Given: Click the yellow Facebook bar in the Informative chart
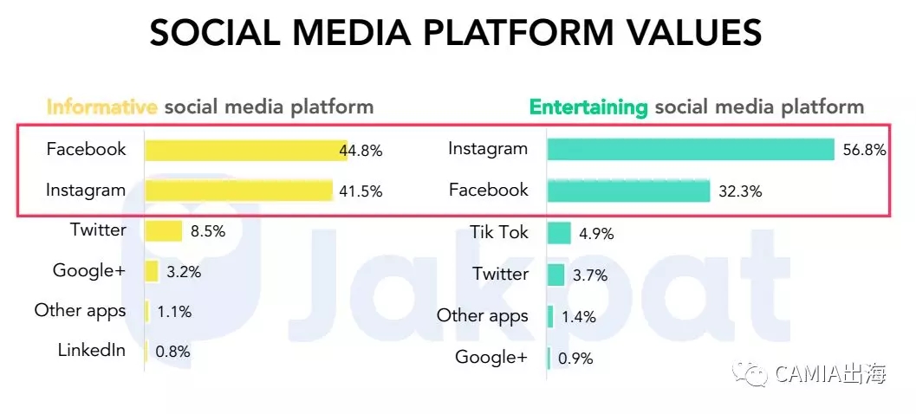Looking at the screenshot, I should click(245, 150).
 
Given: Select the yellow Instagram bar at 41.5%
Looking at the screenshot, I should click(238, 191).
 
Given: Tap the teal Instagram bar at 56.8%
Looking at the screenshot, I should click(690, 149).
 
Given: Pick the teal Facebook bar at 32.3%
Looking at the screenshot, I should click(628, 191).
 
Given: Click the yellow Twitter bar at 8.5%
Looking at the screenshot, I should click(163, 231).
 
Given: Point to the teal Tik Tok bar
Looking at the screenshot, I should click(559, 233).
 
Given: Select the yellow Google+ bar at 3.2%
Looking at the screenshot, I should click(152, 271).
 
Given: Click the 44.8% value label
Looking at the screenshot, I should click(361, 151).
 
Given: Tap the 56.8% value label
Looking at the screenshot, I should click(864, 151).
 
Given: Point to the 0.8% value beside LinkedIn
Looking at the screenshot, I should click(172, 352).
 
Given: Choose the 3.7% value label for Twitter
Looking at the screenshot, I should click(589, 275).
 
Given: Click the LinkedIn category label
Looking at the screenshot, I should click(92, 351).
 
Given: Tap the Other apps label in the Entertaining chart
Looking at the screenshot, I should click(482, 316).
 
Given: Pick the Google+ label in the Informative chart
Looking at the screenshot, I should click(89, 270).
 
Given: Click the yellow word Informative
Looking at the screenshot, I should click(101, 107).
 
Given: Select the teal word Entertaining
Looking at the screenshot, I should click(588, 107).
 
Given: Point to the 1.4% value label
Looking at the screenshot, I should click(579, 317).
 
